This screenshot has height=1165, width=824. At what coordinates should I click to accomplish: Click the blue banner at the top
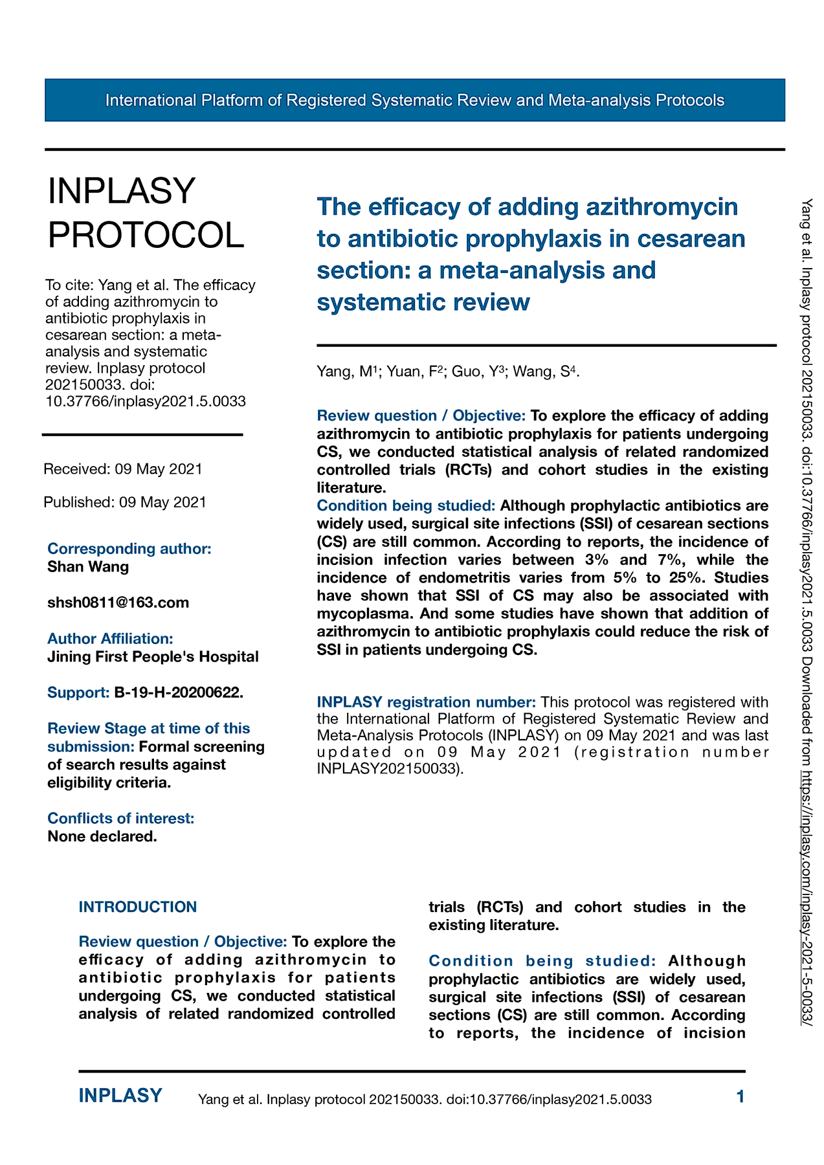pyautogui.click(x=414, y=100)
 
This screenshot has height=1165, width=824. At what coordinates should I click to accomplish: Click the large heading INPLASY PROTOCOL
pyautogui.click(x=146, y=213)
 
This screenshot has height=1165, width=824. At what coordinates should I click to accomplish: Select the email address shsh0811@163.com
pyautogui.click(x=118, y=603)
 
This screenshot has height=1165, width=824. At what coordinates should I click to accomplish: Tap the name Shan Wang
pyautogui.click(x=88, y=567)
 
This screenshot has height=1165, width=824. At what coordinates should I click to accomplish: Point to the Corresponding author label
pyautogui.click(x=129, y=549)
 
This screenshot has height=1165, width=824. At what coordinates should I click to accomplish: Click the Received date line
pyautogui.click(x=123, y=469)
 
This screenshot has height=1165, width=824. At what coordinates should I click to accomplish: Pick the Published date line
pyautogui.click(x=125, y=502)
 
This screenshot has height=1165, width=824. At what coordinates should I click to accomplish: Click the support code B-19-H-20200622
pyautogui.click(x=179, y=693)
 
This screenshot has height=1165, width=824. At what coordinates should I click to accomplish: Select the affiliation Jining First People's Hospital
pyautogui.click(x=153, y=657)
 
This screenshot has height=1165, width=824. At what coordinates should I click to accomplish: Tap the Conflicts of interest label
pyautogui.click(x=121, y=819)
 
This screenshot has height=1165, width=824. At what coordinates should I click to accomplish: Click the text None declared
pyautogui.click(x=102, y=837)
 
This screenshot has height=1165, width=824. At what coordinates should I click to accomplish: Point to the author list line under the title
pyautogui.click(x=448, y=372)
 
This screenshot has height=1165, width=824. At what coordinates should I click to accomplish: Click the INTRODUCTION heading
pyautogui.click(x=138, y=907)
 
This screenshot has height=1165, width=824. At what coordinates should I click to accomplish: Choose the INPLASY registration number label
pyautogui.click(x=426, y=702)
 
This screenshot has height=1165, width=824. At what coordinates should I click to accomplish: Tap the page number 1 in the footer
pyautogui.click(x=740, y=1096)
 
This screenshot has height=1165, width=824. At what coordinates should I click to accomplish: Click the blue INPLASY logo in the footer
pyautogui.click(x=120, y=1096)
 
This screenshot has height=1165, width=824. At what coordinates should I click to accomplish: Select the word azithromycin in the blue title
pyautogui.click(x=662, y=207)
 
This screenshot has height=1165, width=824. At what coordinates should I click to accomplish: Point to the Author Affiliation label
pyautogui.click(x=110, y=639)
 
